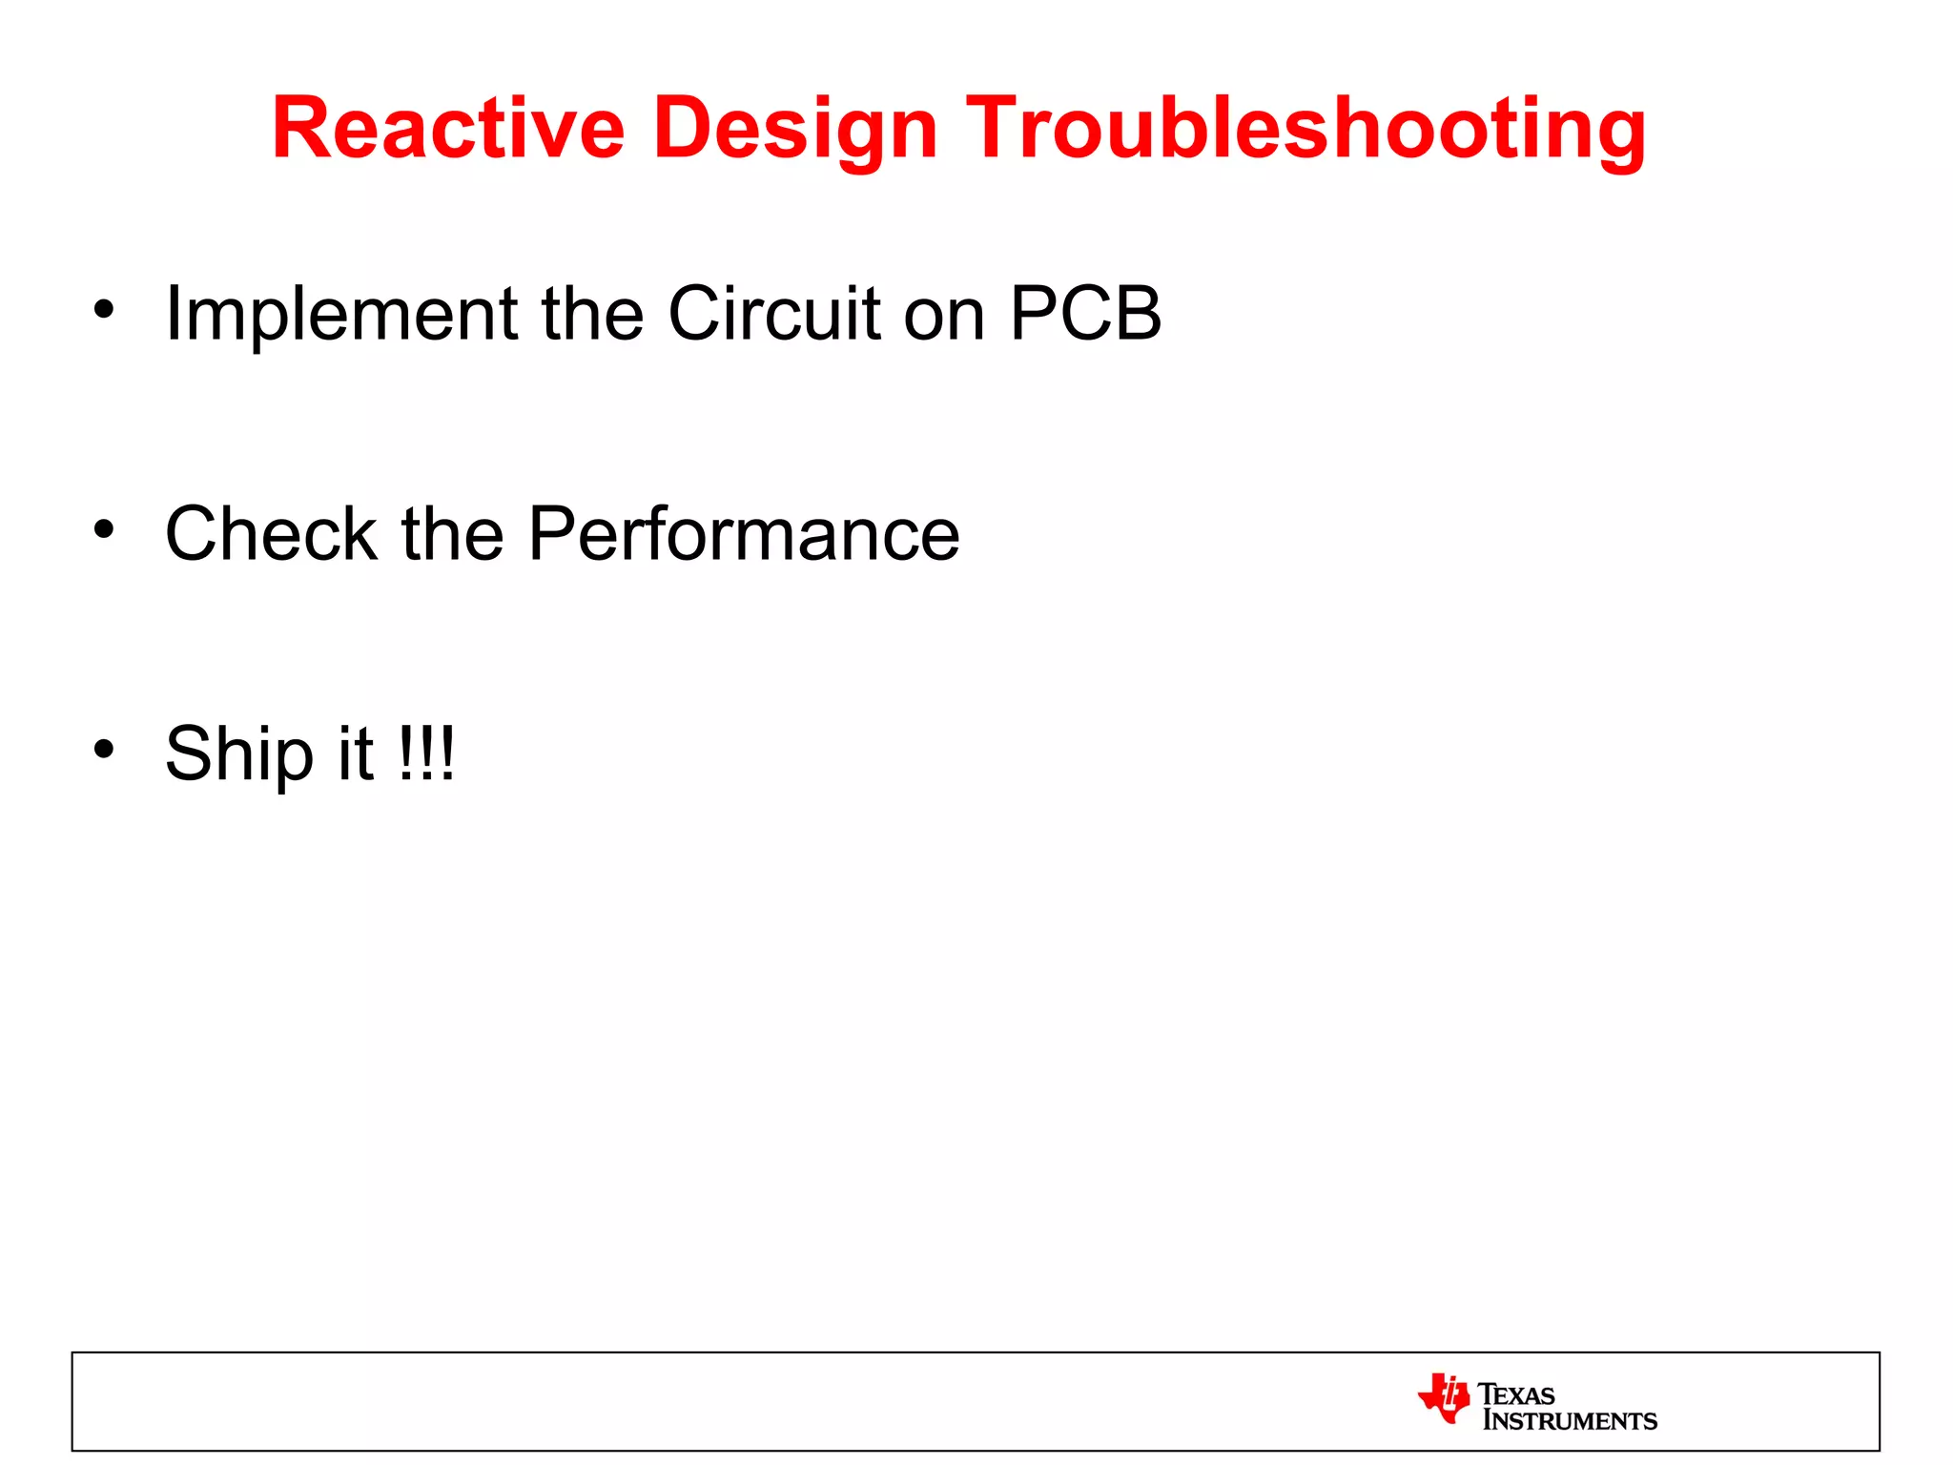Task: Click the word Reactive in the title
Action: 447,129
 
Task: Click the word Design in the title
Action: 795,129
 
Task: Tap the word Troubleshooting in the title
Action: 1305,129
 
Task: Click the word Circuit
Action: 773,314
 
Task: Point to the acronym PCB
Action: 1085,314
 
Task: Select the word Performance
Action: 743,533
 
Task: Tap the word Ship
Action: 238,754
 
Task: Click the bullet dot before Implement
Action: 104,309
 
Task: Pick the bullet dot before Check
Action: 104,528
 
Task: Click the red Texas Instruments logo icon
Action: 1443,1398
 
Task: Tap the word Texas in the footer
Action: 1516,1394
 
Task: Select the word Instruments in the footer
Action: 1570,1421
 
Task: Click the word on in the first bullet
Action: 943,316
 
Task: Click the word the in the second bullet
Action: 452,533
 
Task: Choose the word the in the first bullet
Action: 592,314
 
